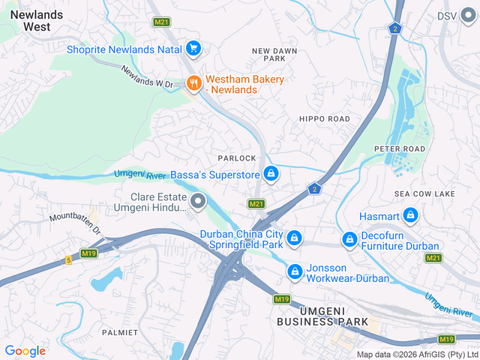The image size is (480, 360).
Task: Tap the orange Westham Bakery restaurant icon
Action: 193,83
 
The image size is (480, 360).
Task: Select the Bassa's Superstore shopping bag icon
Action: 271,175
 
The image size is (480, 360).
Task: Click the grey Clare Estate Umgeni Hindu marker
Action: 198,201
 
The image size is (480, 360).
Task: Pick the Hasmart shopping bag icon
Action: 410,216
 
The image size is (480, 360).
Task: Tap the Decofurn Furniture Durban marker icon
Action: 349,239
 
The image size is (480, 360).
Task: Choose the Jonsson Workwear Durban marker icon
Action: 295,271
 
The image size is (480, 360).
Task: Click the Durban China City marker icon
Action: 295,238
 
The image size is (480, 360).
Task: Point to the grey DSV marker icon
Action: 468,16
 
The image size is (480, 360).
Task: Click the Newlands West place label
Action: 26,19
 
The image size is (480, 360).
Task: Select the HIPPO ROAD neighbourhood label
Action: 324,119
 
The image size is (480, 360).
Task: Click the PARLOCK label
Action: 237,158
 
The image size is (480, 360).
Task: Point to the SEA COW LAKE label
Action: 424,194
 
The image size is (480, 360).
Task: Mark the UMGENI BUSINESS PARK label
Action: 322,316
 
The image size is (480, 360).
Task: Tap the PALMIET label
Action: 121,331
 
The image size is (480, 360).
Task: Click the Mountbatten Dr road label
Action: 75,223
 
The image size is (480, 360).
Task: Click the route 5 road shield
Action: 68,260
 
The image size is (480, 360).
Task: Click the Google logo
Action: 25,350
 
